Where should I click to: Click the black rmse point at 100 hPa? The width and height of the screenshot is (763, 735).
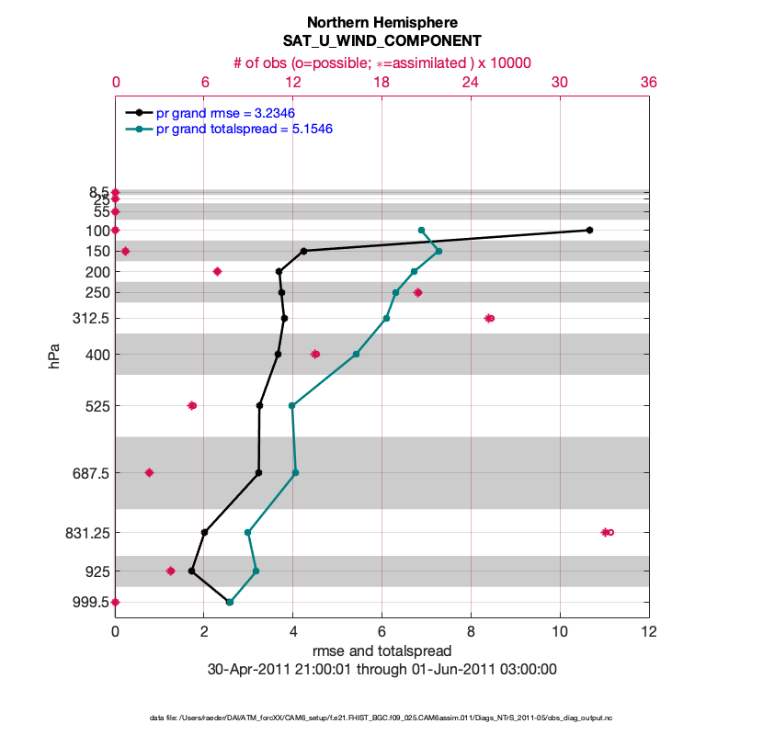589,230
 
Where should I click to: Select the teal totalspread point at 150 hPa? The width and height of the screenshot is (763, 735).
438,251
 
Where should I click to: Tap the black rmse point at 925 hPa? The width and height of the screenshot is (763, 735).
191,571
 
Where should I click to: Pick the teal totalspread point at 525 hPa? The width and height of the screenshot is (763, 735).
291,405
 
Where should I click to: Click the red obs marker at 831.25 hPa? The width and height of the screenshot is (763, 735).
607,532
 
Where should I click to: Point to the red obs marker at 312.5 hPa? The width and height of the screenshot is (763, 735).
489,318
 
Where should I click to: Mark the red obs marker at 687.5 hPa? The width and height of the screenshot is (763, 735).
149,472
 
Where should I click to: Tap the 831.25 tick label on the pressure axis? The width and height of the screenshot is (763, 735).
85,533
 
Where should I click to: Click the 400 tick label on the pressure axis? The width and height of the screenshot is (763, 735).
97,355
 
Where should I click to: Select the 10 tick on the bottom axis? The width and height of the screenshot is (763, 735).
560,632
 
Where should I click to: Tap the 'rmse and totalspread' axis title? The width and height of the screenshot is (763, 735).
382,651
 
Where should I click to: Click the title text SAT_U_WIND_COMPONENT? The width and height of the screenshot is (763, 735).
382,41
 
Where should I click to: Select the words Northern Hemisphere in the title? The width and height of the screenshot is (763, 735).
382,22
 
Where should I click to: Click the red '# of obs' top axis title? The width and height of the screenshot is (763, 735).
382,62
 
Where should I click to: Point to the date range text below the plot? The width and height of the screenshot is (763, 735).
382,670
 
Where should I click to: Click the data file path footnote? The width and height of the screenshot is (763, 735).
382,717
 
